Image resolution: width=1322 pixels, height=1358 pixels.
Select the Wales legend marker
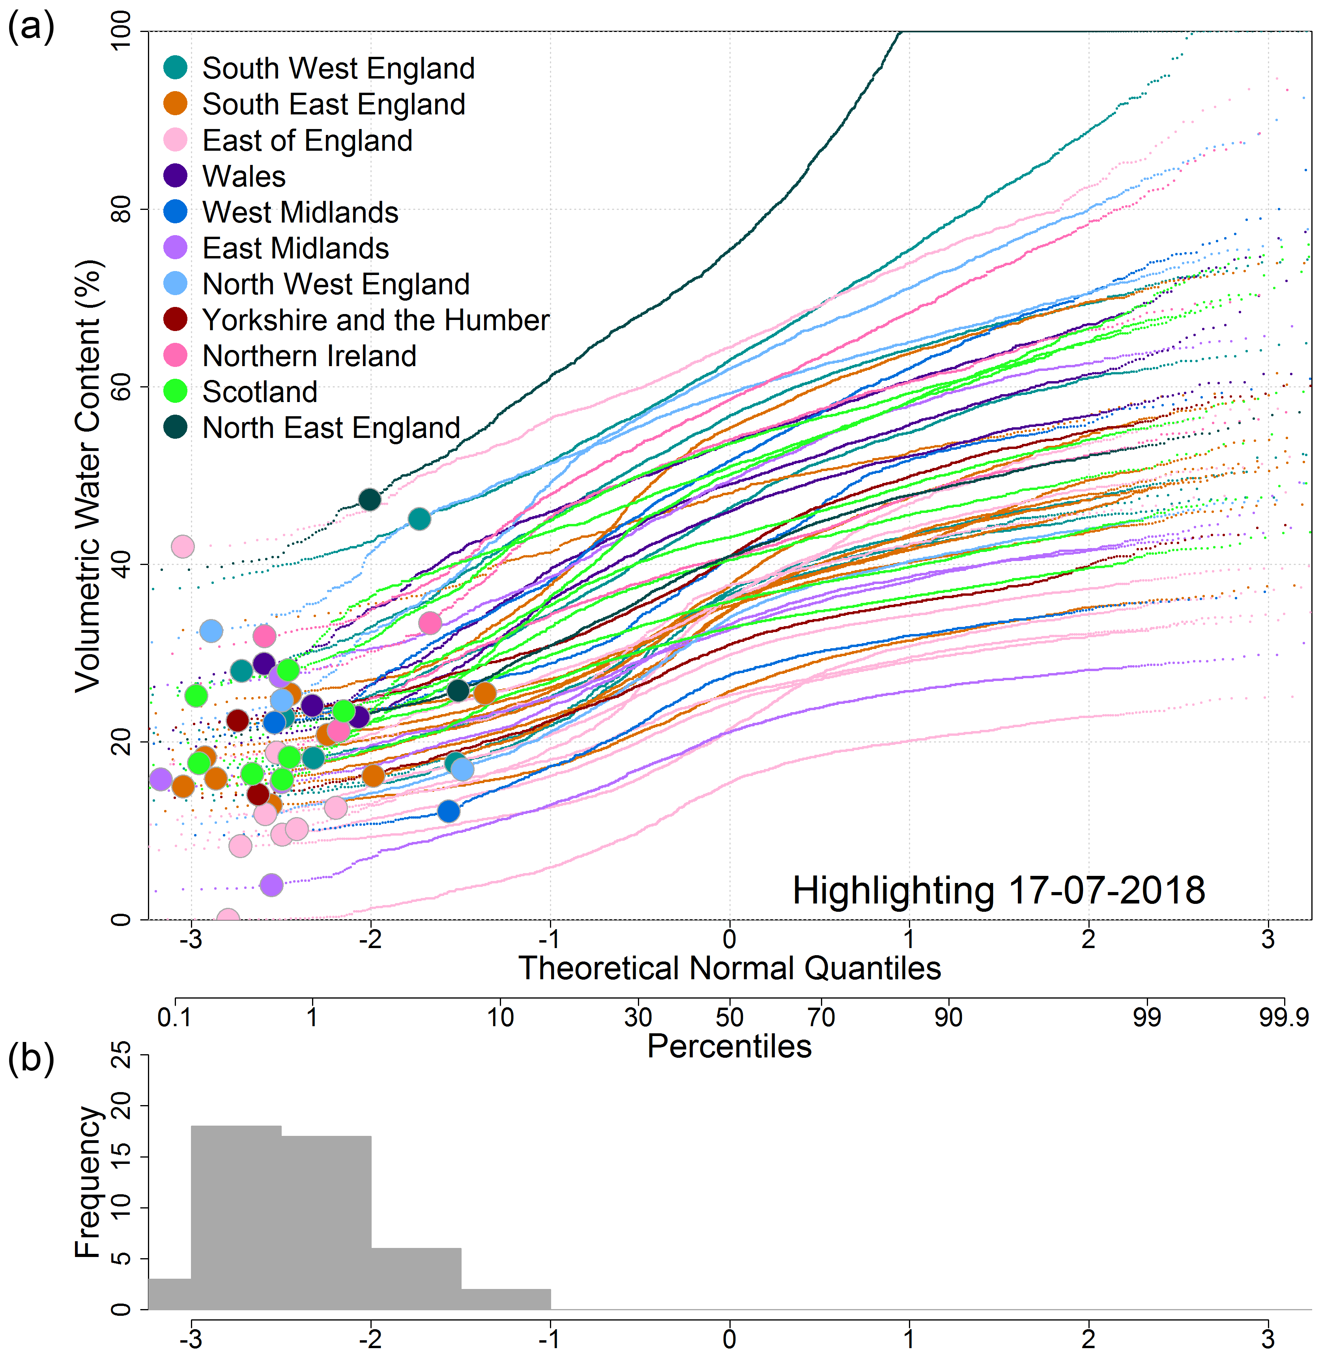[x=176, y=176]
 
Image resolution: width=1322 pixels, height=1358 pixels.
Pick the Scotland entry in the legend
[x=260, y=391]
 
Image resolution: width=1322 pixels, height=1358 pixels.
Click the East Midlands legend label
[x=295, y=248]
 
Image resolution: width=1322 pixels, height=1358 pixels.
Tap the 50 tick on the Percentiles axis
[x=729, y=1018]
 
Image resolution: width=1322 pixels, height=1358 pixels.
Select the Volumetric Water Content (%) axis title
[x=88, y=475]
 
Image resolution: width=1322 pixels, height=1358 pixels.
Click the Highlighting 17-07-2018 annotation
[x=999, y=891]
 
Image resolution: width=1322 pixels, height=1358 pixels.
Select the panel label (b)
[x=30, y=1059]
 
